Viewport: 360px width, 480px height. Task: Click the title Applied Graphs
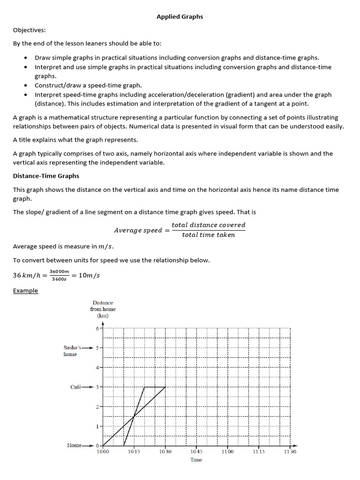point(180,16)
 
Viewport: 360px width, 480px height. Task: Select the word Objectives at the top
point(29,30)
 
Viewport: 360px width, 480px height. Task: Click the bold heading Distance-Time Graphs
point(46,176)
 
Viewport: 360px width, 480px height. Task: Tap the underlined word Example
point(25,291)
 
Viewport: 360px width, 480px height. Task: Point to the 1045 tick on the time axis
point(196,451)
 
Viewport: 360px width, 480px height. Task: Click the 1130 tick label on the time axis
point(290,451)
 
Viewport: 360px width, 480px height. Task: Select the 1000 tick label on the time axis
point(103,451)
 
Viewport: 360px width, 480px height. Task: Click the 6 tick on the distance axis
point(97,329)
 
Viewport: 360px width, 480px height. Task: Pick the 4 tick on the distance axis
point(97,367)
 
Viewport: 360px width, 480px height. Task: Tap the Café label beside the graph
point(76,387)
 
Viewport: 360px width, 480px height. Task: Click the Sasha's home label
point(72,351)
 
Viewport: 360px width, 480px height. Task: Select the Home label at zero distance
point(74,445)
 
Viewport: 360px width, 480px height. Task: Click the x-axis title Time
point(196,460)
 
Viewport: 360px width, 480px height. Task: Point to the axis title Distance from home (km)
point(103,309)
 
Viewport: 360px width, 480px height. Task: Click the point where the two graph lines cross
point(134,416)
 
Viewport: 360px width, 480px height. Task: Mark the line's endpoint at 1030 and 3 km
point(165,387)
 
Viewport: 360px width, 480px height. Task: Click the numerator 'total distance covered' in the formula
point(208,225)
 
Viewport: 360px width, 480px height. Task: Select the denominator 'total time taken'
point(208,235)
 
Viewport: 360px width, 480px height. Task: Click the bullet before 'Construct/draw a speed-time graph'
point(25,85)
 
